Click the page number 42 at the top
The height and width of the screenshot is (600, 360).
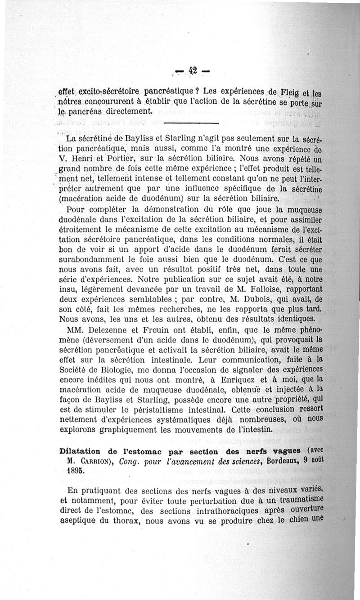(193, 70)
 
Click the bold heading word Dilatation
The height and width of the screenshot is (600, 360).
(81, 450)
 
